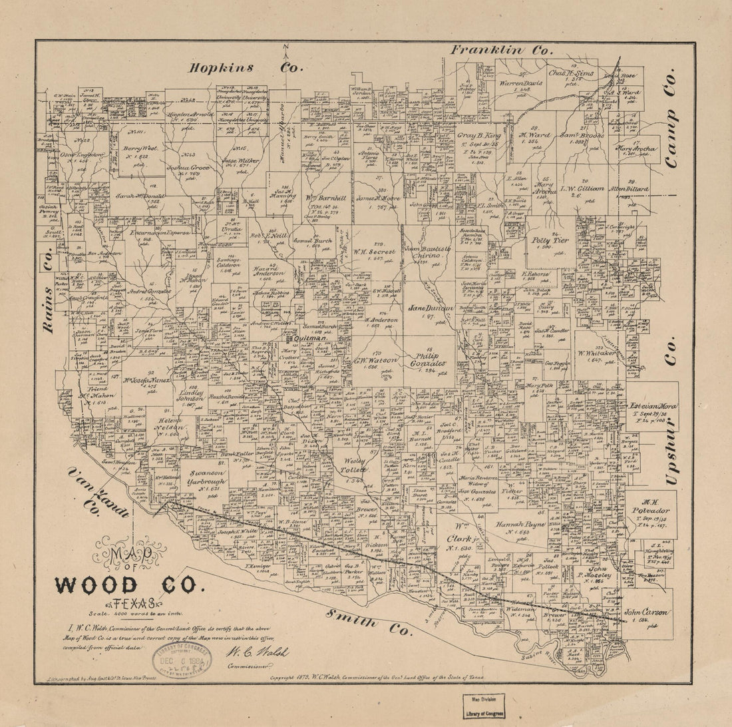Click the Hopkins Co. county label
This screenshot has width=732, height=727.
(x=246, y=67)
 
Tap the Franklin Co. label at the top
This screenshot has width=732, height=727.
(x=502, y=50)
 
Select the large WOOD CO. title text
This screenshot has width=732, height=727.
(x=126, y=585)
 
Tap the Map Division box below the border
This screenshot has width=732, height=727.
(x=484, y=706)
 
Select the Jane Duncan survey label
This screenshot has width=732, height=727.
(x=431, y=308)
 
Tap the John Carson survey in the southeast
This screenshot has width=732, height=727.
(x=647, y=612)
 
